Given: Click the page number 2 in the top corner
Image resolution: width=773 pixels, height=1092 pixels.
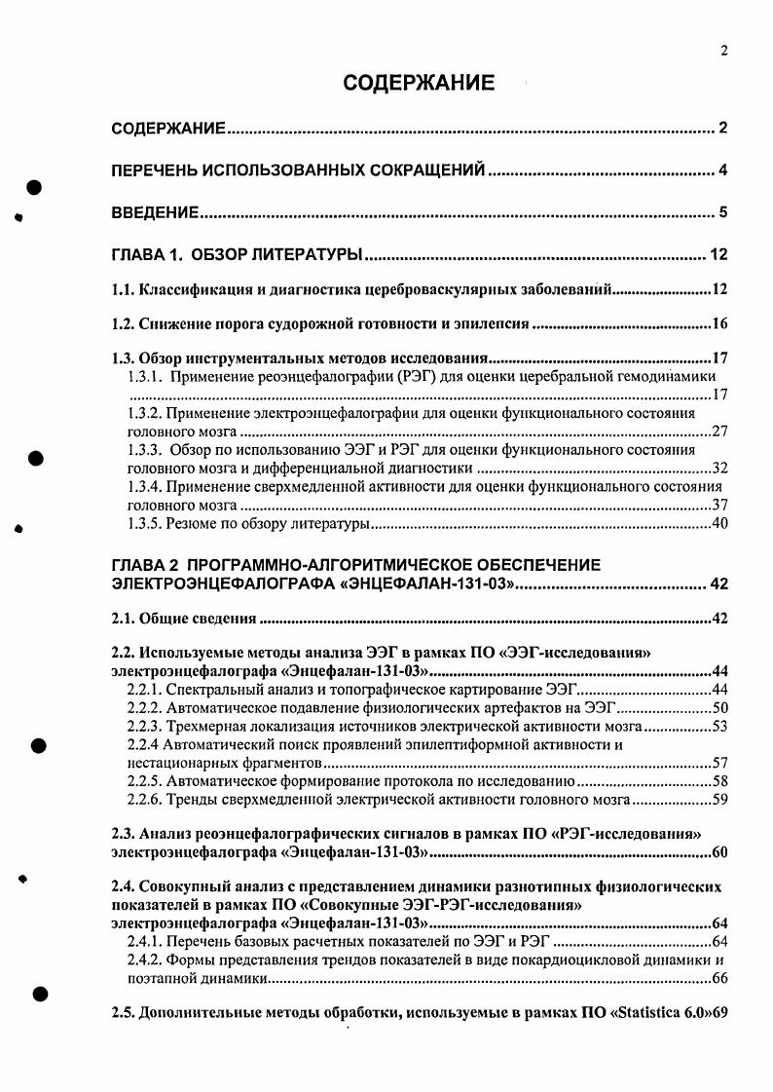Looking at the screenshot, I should tap(725, 52).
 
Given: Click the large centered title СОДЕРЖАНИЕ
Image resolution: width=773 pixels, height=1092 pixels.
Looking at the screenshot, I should tap(419, 84).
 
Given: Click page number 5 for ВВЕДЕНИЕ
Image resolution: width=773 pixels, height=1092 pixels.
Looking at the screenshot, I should tap(723, 212).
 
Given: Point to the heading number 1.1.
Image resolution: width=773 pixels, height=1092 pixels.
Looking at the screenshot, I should tap(123, 290).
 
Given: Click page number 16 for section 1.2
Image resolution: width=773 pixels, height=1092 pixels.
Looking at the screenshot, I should tap(720, 323).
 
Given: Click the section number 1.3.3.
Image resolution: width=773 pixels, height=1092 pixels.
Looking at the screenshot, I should tap(146, 449).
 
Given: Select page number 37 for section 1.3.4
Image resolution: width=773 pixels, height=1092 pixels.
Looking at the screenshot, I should tap(720, 505).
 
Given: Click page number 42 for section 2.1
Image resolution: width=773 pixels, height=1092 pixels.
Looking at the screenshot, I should tap(720, 619).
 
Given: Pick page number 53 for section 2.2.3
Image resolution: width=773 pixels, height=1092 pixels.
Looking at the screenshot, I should tap(720, 727).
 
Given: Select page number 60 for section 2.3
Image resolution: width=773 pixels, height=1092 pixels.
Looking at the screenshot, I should tap(720, 853).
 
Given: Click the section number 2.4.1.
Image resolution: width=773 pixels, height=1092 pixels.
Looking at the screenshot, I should tap(146, 942).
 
